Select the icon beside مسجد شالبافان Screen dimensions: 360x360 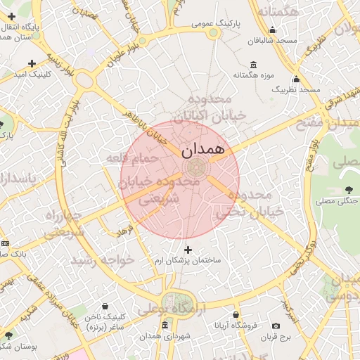tap(273, 30)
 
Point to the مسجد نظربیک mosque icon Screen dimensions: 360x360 tap(296, 79)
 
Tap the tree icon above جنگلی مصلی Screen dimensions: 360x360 tap(349, 190)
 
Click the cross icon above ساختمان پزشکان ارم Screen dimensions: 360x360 tap(188, 249)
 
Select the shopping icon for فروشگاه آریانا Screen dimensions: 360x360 tap(236, 315)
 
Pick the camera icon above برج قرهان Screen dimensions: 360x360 tap(276, 326)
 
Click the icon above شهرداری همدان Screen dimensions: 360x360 tap(165, 326)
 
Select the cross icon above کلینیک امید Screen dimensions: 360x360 tap(32, 64)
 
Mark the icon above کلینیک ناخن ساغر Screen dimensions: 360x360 tap(105, 306)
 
